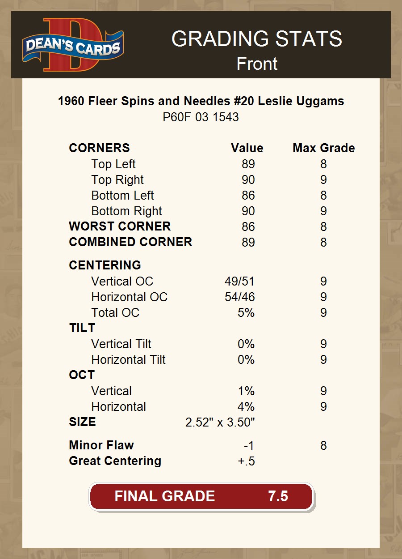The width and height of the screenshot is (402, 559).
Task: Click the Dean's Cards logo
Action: (x=73, y=45)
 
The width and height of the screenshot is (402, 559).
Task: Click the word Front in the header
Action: (x=257, y=64)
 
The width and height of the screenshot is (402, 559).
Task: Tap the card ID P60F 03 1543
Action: (x=201, y=117)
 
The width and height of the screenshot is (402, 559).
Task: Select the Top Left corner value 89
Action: (x=248, y=164)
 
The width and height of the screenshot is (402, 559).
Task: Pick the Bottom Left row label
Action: (x=122, y=196)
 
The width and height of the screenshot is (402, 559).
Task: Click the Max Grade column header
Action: (x=323, y=148)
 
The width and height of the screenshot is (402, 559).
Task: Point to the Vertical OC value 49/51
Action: (x=239, y=282)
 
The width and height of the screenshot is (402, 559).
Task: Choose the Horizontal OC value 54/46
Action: (x=239, y=297)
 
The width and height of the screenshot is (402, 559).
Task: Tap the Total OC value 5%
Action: (x=246, y=313)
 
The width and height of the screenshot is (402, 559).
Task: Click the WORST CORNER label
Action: (x=120, y=226)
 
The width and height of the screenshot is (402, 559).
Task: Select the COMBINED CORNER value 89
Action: (x=248, y=243)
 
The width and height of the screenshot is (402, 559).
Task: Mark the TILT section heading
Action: (x=82, y=328)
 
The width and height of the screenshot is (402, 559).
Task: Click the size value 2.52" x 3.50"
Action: (x=220, y=422)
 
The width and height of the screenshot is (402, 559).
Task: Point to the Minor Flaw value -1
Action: (x=249, y=446)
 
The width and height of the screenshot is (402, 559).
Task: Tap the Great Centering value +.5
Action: (x=246, y=461)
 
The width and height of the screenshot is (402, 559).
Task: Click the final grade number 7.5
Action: (x=278, y=496)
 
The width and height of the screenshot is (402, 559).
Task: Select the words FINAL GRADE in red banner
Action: (x=164, y=496)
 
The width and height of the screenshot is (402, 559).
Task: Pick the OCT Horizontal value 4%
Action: (x=246, y=407)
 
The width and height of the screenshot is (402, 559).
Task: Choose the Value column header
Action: (x=247, y=148)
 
